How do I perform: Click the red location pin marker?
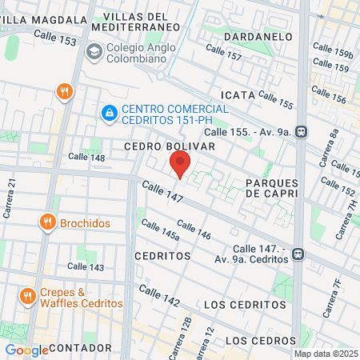[180, 164]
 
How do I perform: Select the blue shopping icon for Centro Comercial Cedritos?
[108, 114]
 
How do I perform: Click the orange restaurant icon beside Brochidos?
[48, 222]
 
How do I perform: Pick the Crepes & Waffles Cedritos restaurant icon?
[27, 295]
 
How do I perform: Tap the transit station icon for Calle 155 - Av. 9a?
[301, 131]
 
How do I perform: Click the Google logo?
[26, 350]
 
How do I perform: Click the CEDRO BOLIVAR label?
[170, 147]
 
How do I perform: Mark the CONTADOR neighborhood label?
[80, 349]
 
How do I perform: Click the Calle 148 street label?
[86, 157]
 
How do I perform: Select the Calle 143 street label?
[86, 267]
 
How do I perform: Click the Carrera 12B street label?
[186, 329]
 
